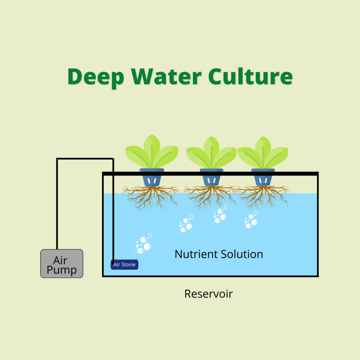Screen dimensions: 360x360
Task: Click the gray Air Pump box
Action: click(x=62, y=264)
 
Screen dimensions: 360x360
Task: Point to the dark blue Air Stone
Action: click(x=124, y=265)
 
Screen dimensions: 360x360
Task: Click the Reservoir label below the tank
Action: click(x=208, y=294)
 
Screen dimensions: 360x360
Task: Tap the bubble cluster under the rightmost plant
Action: click(x=251, y=220)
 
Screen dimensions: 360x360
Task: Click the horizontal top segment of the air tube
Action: click(x=85, y=159)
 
